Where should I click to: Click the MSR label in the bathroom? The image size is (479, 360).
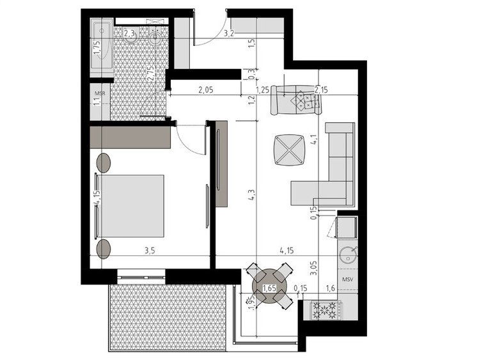100,93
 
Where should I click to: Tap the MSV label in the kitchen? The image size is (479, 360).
348,279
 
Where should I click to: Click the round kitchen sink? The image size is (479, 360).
349,255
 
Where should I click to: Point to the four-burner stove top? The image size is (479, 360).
326,310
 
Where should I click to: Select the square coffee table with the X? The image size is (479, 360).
289,150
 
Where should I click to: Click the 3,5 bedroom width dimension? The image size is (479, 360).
150,251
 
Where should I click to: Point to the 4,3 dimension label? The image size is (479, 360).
252,194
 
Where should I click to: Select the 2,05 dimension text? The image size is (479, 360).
206,90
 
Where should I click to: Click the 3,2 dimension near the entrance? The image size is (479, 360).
229,33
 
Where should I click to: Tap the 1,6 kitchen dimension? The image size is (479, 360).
331,288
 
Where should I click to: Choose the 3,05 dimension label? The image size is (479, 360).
314,268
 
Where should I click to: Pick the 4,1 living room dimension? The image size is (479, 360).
315,141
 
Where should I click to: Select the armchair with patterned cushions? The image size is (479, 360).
296,100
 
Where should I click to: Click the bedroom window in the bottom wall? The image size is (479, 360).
141,277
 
